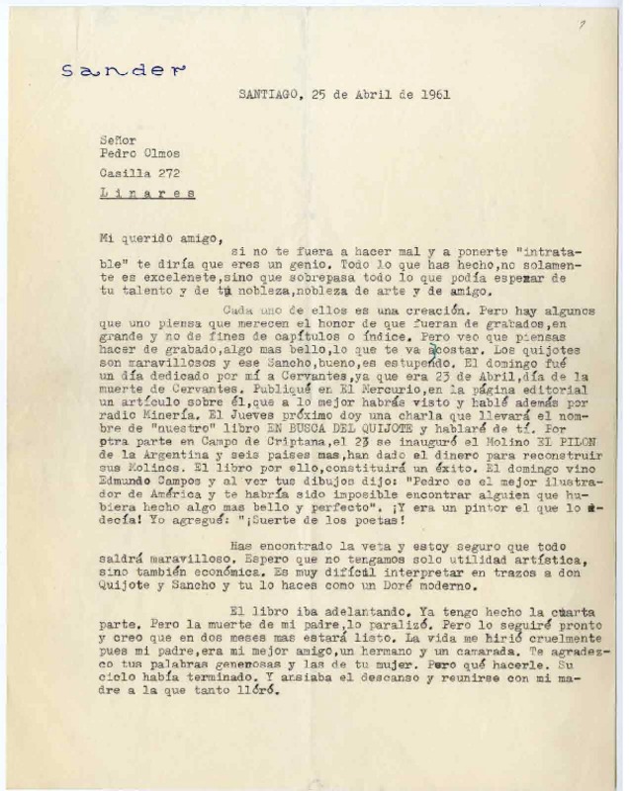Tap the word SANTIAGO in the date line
(x=270, y=96)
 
